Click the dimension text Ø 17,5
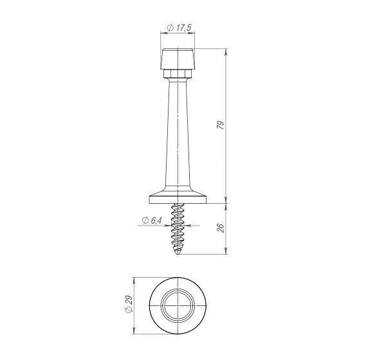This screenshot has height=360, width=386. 180,28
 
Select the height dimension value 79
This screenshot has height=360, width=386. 220,126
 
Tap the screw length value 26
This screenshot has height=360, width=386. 220,228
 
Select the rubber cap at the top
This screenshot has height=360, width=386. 178,59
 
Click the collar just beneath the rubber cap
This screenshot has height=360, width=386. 178,75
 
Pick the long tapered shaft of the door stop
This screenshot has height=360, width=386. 178,135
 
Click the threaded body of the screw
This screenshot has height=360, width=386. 178,228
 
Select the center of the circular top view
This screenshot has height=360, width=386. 178,306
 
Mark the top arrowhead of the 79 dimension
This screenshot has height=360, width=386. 227,51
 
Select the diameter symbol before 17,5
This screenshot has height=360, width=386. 170,28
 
